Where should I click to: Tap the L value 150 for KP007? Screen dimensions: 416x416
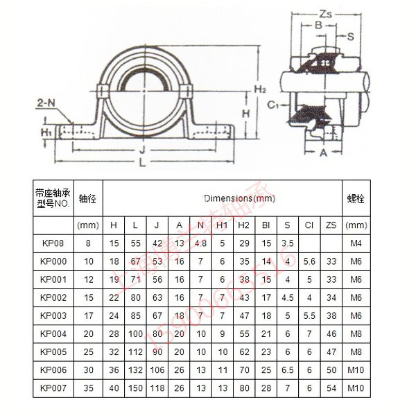click(x=136, y=388)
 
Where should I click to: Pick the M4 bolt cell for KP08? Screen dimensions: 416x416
click(x=356, y=243)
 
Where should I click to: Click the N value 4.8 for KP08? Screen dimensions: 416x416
click(x=201, y=243)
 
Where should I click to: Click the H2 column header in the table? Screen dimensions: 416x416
click(x=244, y=225)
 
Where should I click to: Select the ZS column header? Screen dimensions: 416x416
click(x=331, y=225)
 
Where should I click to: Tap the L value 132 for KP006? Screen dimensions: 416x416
click(x=136, y=370)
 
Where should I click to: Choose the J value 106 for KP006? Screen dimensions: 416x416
click(x=158, y=370)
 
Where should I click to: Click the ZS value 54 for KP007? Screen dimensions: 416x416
click(x=331, y=388)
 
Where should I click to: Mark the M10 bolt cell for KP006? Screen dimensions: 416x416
click(x=356, y=370)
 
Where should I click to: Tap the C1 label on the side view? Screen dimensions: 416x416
click(x=273, y=105)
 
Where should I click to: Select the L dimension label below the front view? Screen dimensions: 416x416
click(x=141, y=163)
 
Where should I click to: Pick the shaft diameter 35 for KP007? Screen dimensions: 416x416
click(x=89, y=388)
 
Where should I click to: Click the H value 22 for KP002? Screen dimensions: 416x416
click(x=114, y=297)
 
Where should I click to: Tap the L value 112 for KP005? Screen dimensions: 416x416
click(x=136, y=352)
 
